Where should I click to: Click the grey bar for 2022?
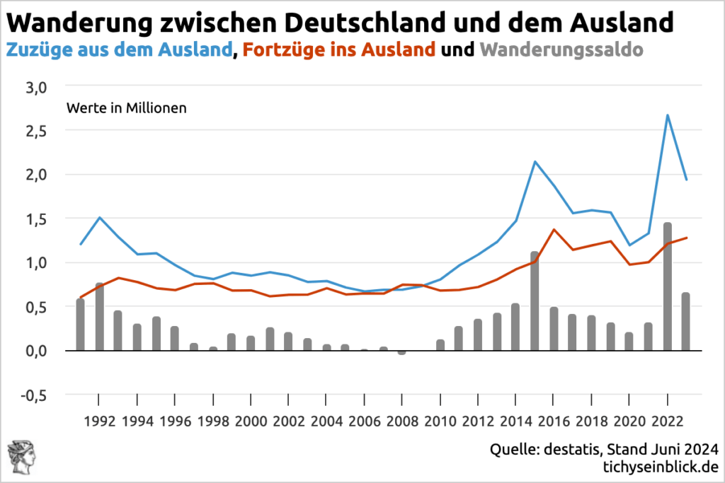click(667, 286)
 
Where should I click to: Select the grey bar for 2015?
click(535, 301)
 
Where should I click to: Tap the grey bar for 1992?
click(100, 317)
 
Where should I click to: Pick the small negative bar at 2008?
click(402, 352)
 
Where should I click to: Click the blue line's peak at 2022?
click(667, 115)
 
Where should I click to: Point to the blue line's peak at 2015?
click(535, 162)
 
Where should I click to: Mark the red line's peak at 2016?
click(553, 229)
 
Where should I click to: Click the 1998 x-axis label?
click(213, 421)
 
